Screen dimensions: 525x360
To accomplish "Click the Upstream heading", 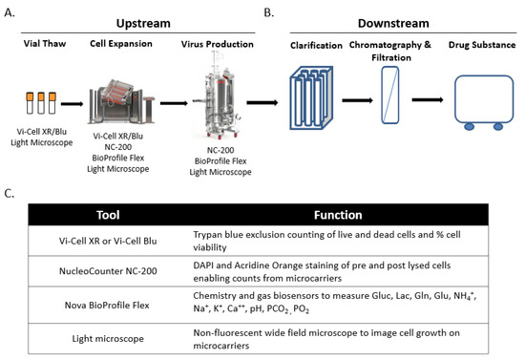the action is point(143,24).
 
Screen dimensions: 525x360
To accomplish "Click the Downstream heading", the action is point(393,24).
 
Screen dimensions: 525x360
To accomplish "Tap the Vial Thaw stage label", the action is point(45,44).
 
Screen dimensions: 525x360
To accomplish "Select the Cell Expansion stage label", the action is point(121,44).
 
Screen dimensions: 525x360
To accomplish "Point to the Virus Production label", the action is point(218,44).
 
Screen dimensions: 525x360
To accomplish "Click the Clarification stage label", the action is point(316,45).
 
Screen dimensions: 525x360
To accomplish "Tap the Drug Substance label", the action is point(482,45).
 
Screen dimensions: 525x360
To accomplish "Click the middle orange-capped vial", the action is point(41,103).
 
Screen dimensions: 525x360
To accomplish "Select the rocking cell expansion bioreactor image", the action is point(121,102).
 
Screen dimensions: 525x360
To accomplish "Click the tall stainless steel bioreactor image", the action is point(219,95).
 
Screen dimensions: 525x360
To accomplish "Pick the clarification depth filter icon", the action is point(311,97).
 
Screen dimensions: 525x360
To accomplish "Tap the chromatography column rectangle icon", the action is point(390,95).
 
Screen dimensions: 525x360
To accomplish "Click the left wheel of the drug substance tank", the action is point(469,126).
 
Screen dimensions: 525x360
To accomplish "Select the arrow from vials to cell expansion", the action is point(72,104).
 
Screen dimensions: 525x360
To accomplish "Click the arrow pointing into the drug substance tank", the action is point(428,100).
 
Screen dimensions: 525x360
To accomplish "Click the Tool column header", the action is point(108,215).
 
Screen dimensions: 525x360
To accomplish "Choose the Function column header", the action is point(338,215).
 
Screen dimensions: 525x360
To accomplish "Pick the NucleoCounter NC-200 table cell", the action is point(108,271).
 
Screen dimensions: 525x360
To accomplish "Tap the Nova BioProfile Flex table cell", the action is point(108,305).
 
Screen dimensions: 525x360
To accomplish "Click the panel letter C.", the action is point(9,194).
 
